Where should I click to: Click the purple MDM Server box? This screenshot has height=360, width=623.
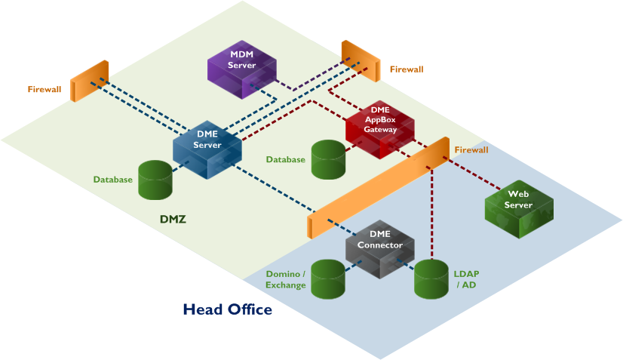point(242,68)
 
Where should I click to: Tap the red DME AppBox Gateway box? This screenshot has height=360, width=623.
point(380,128)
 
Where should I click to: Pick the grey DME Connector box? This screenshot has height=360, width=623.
point(380,248)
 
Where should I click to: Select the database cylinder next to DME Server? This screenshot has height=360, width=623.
point(155,180)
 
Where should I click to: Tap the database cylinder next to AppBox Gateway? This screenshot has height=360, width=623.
point(328,159)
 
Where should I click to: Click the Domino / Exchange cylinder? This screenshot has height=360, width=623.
point(327,278)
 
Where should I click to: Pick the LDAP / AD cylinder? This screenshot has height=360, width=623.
point(431,278)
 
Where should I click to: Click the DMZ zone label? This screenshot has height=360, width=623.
point(173,220)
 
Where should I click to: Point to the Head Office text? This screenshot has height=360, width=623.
point(227,309)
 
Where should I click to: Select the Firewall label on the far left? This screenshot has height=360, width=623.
point(44,89)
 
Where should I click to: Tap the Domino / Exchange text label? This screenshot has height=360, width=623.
point(285,278)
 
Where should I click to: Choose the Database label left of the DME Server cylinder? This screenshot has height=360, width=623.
point(113,180)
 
